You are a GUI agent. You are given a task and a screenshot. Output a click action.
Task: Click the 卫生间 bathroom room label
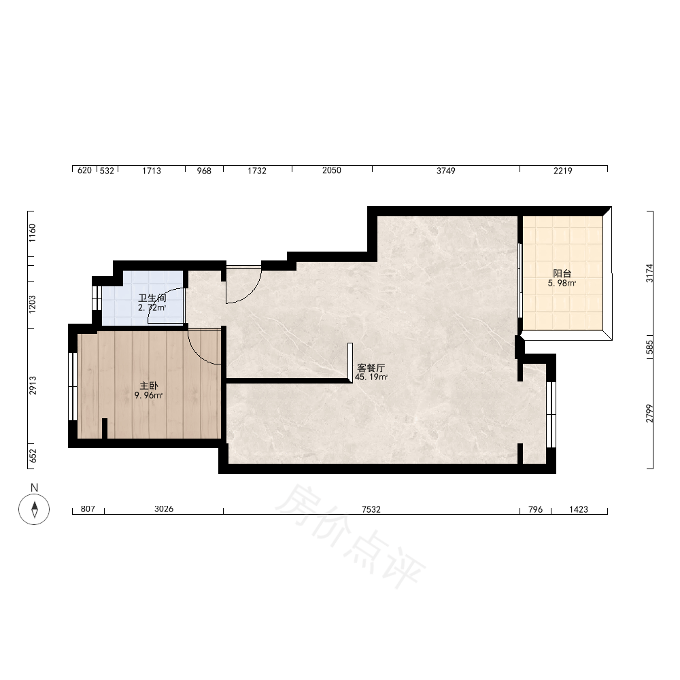pos(152,298)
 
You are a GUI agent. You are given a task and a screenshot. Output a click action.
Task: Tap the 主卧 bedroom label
pos(149,386)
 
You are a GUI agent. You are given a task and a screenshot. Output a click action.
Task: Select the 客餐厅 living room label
pos(371,368)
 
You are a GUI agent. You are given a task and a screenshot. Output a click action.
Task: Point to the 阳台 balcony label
pos(562,273)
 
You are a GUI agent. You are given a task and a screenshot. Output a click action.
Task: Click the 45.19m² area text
pos(371,377)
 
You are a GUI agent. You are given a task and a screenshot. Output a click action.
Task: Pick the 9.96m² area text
pos(148,396)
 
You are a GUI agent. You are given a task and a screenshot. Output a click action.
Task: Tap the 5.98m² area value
pos(562,284)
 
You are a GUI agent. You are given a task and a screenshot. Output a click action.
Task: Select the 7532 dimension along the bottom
pos(371,509)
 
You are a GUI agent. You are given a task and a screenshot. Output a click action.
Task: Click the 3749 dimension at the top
pos(446,171)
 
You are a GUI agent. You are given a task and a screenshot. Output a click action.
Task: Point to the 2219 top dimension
pos(563,171)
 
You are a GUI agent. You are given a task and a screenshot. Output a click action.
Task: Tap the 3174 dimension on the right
pos(649,273)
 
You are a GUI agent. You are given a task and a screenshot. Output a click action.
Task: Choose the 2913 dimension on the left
pos(33,386)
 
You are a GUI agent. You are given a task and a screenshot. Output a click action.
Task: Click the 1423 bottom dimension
pos(579,509)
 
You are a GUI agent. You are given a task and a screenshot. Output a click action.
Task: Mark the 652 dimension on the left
pos(33,456)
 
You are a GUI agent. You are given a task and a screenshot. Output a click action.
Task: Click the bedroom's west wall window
pos(73,386)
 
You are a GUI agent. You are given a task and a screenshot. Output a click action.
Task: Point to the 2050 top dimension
pos(332,171)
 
